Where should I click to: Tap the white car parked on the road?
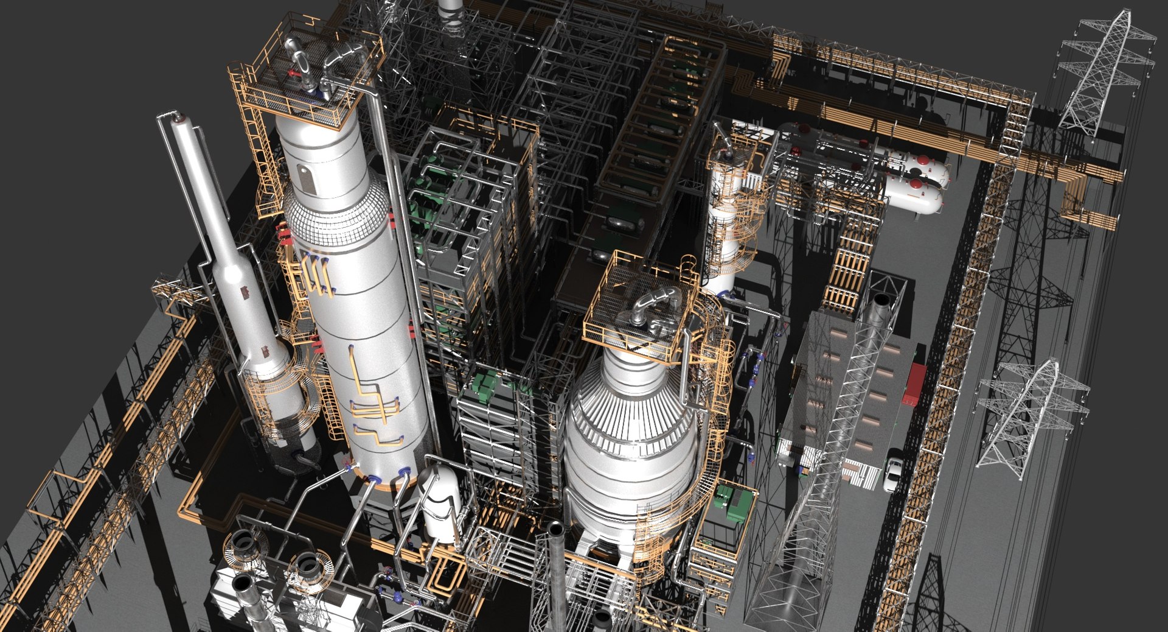click(892, 472)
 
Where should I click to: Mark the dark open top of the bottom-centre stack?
click(556, 529)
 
